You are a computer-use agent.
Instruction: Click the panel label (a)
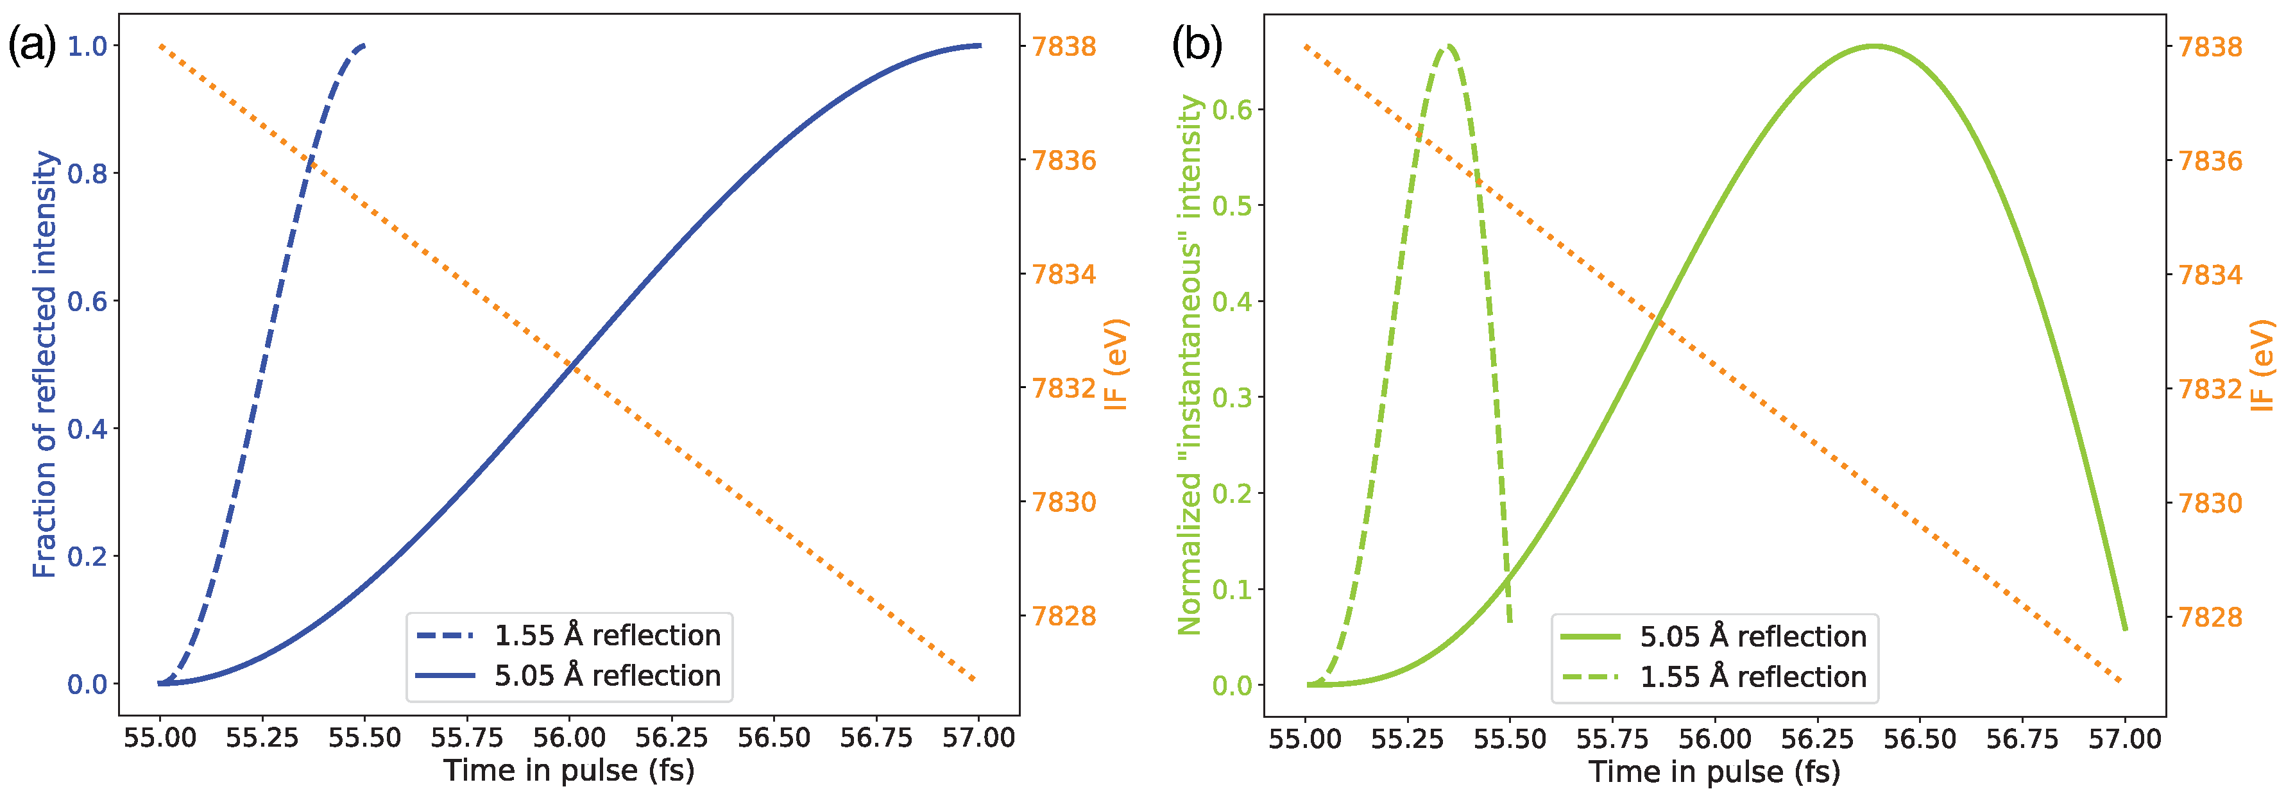(32, 44)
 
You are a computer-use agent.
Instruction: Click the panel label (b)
(1196, 44)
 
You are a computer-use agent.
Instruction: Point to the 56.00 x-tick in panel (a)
(569, 738)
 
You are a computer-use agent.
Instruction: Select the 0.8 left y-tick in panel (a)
(87, 174)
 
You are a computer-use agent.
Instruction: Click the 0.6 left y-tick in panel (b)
(1232, 110)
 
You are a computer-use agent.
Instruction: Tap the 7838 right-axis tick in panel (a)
(1063, 46)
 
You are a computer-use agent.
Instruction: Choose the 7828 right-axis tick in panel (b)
(2210, 617)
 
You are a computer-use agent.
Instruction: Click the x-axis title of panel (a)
(569, 770)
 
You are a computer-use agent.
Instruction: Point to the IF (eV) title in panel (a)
(1116, 364)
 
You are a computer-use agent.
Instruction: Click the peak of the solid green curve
(1873, 46)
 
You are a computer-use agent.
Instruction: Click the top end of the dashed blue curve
(363, 46)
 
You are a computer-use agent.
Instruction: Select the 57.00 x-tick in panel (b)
(2124, 738)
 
